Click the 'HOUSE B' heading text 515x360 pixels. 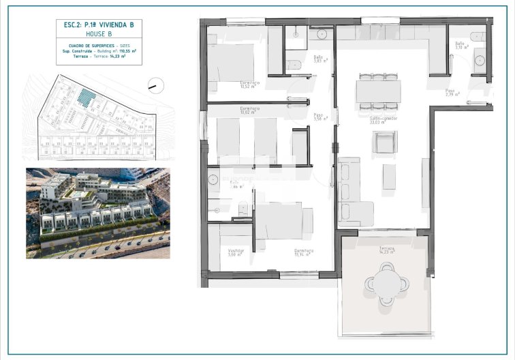coord(99,33)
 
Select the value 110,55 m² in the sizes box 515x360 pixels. coord(126,51)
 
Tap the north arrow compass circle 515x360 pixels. coord(156,85)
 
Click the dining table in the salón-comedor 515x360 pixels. coord(378,91)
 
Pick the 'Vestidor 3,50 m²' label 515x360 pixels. coord(236,252)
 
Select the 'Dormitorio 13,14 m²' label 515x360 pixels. coord(304,252)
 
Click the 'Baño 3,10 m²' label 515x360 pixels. coord(461,46)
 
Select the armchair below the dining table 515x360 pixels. coord(385,142)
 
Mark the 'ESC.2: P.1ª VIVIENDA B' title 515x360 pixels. coord(99,25)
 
